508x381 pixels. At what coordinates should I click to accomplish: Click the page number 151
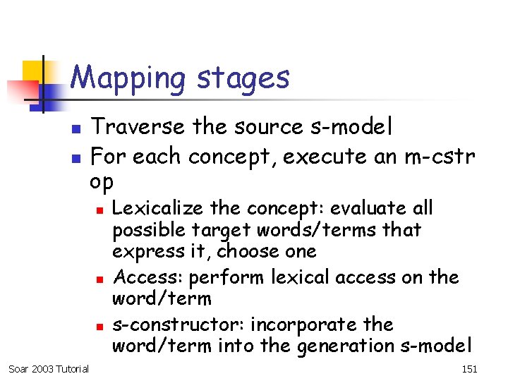[468, 368]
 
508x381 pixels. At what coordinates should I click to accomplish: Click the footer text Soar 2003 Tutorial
[48, 368]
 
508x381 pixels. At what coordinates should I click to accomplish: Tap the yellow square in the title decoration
[33, 71]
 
